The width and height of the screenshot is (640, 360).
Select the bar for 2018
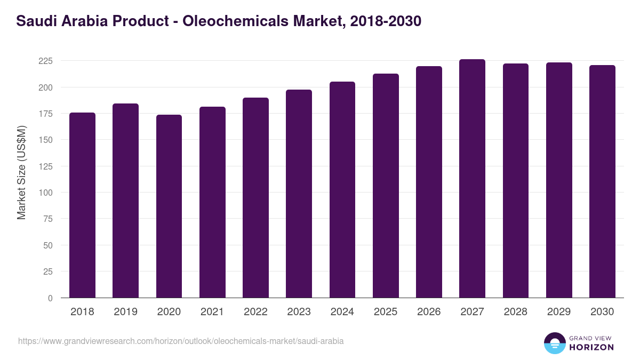[82, 205]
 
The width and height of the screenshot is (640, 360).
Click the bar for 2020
[169, 206]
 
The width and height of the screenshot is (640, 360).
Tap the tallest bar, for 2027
[472, 179]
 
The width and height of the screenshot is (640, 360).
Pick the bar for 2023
[299, 194]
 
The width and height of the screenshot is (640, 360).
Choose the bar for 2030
[602, 181]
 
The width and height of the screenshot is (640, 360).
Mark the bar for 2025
[386, 186]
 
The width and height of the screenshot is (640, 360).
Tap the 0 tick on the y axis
[50, 298]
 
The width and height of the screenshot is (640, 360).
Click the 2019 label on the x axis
[125, 312]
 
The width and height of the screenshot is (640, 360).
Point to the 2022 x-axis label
[255, 312]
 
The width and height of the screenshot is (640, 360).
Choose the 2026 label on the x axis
[429, 312]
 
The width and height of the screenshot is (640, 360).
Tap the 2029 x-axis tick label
[559, 312]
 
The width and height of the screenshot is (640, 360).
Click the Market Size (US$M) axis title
[21, 172]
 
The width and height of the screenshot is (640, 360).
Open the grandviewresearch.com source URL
[181, 341]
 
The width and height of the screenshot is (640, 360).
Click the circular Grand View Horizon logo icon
[555, 343]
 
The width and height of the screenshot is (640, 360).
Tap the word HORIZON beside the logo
[591, 347]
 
